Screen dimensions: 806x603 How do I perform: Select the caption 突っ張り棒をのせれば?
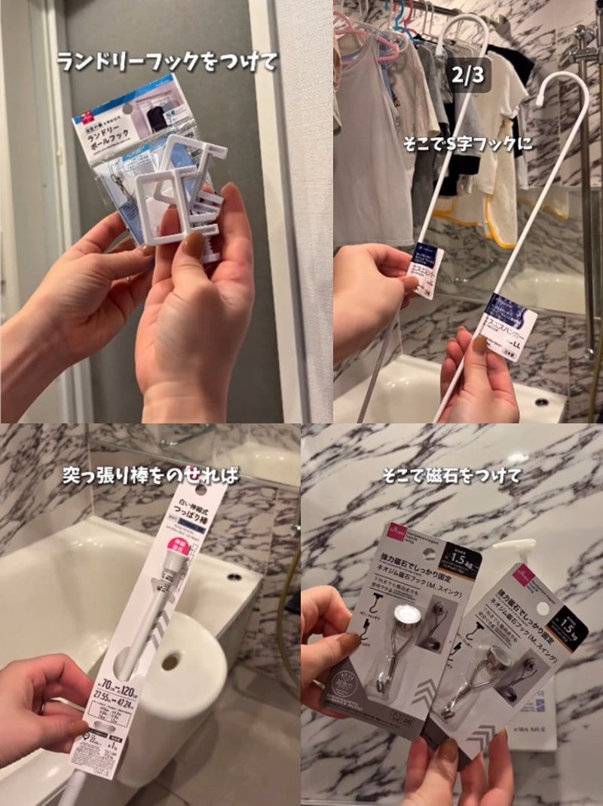coord(151,475)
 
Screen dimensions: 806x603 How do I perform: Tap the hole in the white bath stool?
coord(170,661)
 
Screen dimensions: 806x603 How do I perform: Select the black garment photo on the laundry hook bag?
coord(157,119)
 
